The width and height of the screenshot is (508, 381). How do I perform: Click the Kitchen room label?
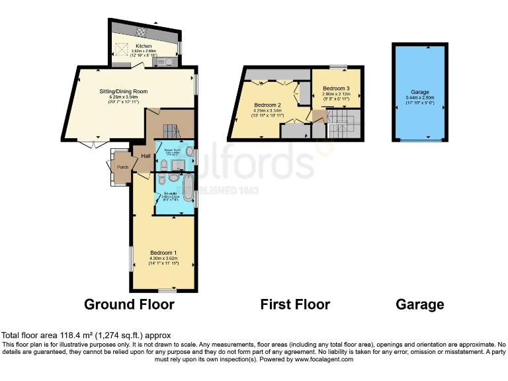tap(144, 46)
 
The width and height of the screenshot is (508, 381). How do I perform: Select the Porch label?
tap(122, 167)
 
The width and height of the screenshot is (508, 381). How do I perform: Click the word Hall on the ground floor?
tap(145, 156)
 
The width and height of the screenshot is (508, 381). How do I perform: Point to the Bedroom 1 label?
tap(163, 253)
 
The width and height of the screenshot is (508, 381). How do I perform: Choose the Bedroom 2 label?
tap(269, 105)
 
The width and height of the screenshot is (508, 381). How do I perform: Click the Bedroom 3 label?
tap(336, 89)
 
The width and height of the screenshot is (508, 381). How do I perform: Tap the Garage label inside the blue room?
tap(420, 92)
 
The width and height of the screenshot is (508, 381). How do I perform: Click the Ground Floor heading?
tap(129, 304)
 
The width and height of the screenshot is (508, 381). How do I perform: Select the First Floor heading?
tap(295, 304)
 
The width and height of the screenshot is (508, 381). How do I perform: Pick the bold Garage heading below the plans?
tap(419, 304)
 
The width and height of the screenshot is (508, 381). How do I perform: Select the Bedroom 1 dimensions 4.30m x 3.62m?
tap(163, 258)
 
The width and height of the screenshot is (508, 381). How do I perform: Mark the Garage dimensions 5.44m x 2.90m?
tap(420, 97)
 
